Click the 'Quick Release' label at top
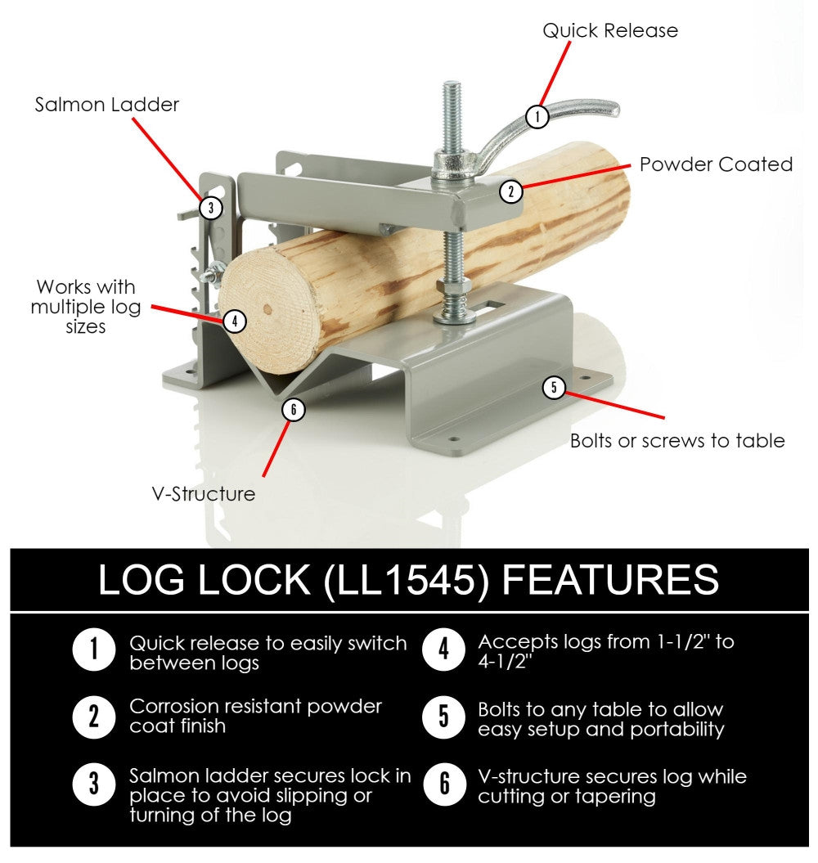tap(610, 31)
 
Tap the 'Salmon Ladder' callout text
tap(106, 105)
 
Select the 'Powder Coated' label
tap(716, 164)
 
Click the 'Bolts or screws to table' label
tap(677, 441)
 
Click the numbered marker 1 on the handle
tap(537, 116)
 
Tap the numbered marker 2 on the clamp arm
tap(510, 192)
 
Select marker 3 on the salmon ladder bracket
tap(211, 208)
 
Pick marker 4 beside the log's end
tap(235, 321)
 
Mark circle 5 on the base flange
tap(555, 387)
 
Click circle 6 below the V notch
tap(293, 409)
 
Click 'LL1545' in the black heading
tap(407, 580)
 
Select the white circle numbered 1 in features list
tap(94, 651)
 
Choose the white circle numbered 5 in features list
tap(444, 717)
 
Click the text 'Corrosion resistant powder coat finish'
tap(255, 715)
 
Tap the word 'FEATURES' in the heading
tap(609, 580)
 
